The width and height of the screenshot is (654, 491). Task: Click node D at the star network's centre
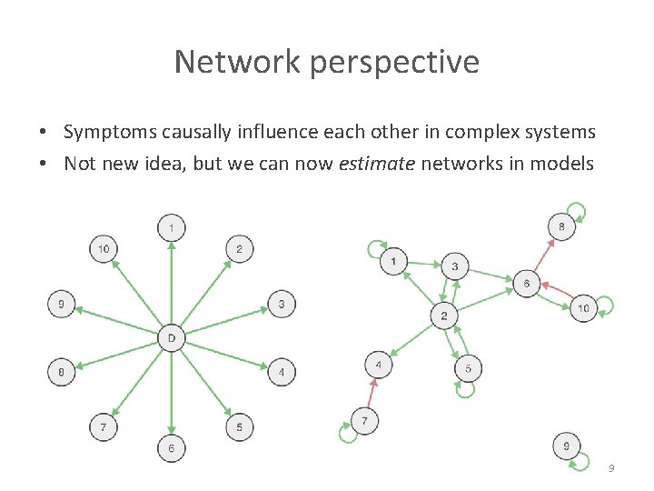tap(171, 338)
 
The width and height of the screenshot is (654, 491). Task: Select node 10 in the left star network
tap(104, 248)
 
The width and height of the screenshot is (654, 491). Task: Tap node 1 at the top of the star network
tap(171, 225)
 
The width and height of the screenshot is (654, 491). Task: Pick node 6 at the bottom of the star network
tap(171, 448)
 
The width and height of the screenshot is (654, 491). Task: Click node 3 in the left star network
tap(282, 304)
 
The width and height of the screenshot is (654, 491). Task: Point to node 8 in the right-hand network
tap(562, 226)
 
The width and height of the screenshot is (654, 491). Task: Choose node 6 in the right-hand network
tap(526, 284)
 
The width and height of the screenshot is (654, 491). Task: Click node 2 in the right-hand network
tap(443, 316)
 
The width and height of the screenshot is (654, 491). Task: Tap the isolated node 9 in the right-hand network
tap(566, 446)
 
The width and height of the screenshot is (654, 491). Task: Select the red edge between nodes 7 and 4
tap(372, 394)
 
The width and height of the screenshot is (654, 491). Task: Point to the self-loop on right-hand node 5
tap(466, 389)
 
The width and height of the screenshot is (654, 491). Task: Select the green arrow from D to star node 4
tap(223, 356)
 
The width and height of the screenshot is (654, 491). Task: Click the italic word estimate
tap(481, 165)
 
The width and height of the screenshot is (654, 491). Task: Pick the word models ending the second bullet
tap(568, 165)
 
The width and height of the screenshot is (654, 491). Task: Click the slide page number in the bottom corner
tap(611, 467)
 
